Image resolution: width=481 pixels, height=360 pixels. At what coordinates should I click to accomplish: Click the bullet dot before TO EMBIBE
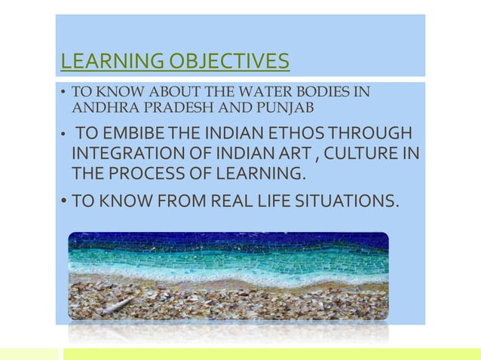[64, 136]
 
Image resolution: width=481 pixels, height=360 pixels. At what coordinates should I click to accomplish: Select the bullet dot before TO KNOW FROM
[64, 202]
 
